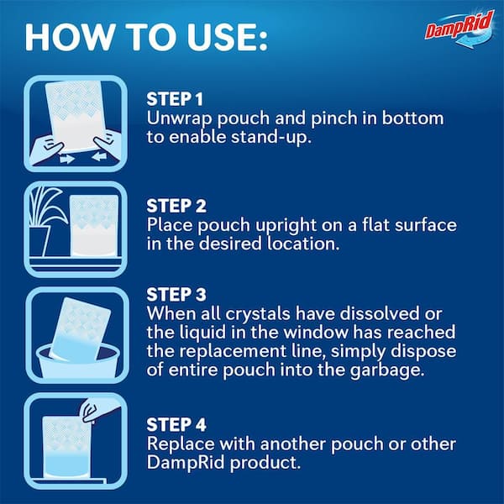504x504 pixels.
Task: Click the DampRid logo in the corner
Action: pyautogui.click(x=459, y=29)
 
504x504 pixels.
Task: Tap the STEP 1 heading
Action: pyautogui.click(x=175, y=99)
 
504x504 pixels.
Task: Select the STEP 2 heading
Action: pyautogui.click(x=176, y=206)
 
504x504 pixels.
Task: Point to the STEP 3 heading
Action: pyautogui.click(x=176, y=295)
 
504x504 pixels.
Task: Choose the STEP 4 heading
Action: pyautogui.click(x=176, y=424)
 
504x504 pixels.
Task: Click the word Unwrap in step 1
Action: pyautogui.click(x=179, y=119)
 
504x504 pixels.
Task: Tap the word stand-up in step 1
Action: pyautogui.click(x=271, y=137)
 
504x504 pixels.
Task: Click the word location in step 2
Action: pyautogui.click(x=303, y=244)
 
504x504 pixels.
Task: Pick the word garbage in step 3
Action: pyautogui.click(x=387, y=371)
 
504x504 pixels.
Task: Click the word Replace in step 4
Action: pyautogui.click(x=181, y=444)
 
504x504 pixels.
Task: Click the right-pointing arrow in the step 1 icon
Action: pyautogui.click(x=67, y=159)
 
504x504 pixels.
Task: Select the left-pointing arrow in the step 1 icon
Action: pyautogui.click(x=99, y=156)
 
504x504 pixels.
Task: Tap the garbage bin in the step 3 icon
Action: pyautogui.click(x=77, y=361)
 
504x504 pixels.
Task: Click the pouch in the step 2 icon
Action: pyautogui.click(x=94, y=225)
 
